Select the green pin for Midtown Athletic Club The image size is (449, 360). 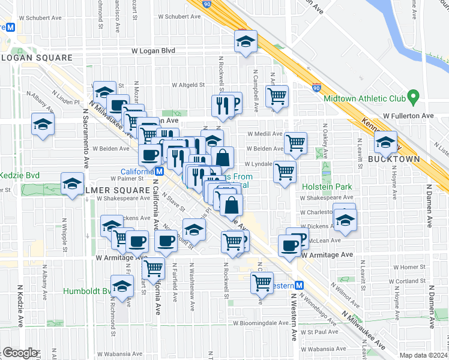[x=412, y=96]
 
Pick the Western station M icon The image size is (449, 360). [x=300, y=286]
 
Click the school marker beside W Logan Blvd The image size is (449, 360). [x=245, y=41]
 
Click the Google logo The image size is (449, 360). [x=20, y=353]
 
